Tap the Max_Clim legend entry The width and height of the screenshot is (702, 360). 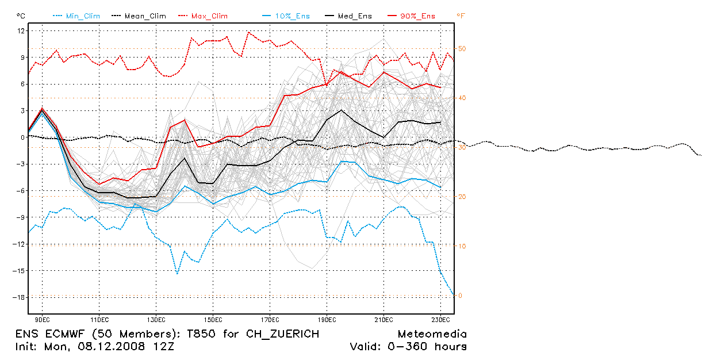click(209, 16)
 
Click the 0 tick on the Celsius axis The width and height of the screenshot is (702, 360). click(22, 137)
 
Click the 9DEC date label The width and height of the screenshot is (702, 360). click(42, 319)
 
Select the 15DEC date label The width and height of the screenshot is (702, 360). click(213, 319)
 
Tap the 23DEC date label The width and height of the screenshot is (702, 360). click(440, 319)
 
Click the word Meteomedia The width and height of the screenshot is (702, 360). click(432, 334)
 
